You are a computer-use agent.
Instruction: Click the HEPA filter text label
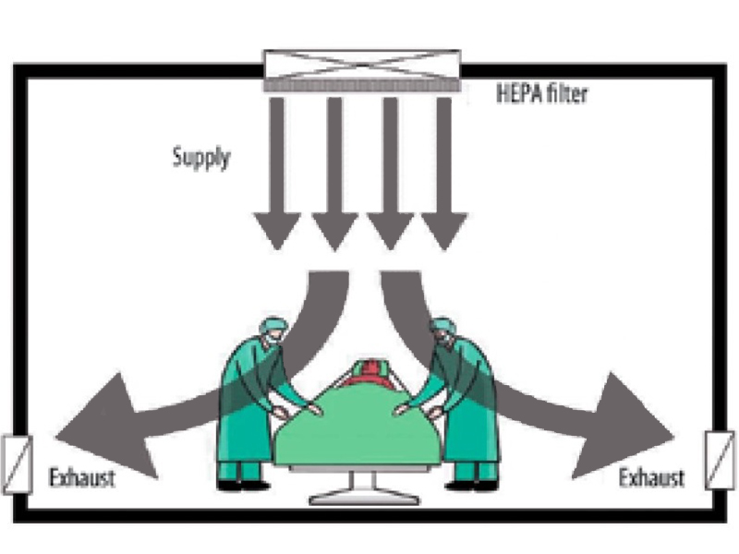pyautogui.click(x=540, y=92)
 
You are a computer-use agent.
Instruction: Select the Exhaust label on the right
pyautogui.click(x=652, y=478)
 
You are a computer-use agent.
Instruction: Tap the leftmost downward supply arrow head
pyautogui.click(x=278, y=231)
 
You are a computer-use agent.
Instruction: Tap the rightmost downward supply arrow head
pyautogui.click(x=444, y=231)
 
